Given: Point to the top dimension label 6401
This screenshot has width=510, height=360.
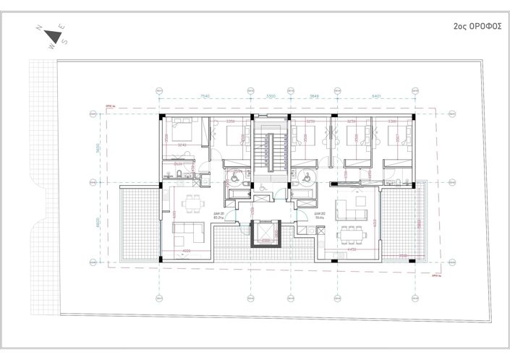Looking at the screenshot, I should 376,95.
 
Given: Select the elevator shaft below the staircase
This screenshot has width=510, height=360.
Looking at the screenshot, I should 265,233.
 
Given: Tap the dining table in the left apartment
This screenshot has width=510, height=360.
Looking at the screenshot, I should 192,205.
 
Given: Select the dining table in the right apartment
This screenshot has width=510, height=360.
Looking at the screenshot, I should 352,232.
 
